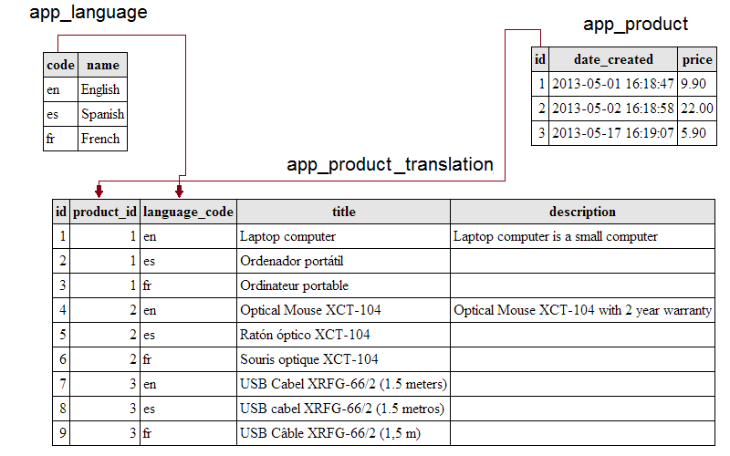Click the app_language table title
88,13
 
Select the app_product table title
635,25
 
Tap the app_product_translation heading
391,165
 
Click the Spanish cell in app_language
103,114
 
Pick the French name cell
100,139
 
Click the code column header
60,65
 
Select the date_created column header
613,59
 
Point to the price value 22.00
697,109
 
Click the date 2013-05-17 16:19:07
612,133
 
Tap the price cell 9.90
693,84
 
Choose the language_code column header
188,212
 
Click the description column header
582,212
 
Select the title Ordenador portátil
291,261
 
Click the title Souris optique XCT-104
309,359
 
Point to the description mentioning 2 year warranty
582,310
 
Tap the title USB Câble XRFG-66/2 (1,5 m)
330,433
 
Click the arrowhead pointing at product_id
99,191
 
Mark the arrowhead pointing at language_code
179,191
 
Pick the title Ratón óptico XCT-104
305,335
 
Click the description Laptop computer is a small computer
556,236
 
